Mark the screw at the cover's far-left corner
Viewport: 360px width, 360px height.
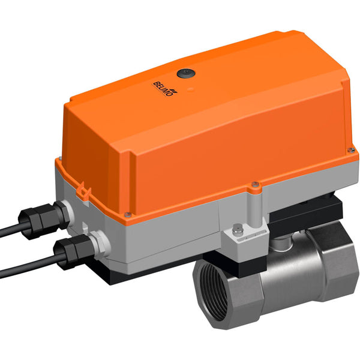click(59, 158)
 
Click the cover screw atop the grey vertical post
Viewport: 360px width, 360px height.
click(256, 184)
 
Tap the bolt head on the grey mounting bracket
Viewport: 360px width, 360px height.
click(239, 227)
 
